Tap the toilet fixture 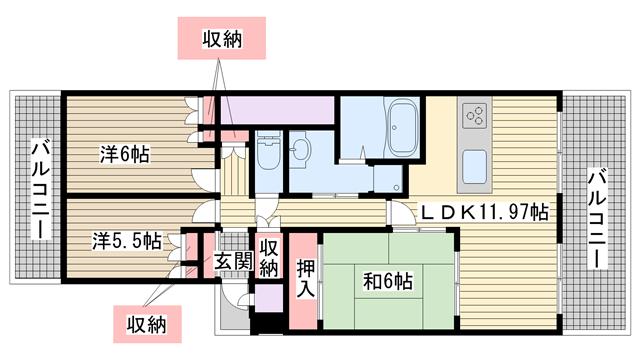[x=268, y=151]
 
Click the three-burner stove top [x=475, y=114]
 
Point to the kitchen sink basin [x=475, y=167]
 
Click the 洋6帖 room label [x=124, y=155]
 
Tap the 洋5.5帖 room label [x=126, y=241]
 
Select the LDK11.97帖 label [x=485, y=212]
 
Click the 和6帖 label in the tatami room [x=388, y=281]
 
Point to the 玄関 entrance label [x=234, y=261]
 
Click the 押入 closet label [x=306, y=279]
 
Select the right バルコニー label [x=596, y=219]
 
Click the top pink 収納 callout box [x=222, y=38]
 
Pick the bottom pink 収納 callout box [x=147, y=324]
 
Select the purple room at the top [x=277, y=110]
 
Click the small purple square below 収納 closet [x=269, y=298]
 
